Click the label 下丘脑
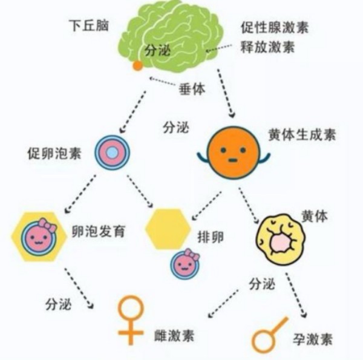tap(89, 25)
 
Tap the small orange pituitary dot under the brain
tap(137, 65)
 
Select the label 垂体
tap(192, 89)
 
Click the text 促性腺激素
tap(275, 28)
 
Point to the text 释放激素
tap(268, 47)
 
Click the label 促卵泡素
tap(54, 153)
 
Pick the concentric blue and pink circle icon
tap(113, 152)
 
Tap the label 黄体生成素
tap(302, 134)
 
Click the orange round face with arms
tap(234, 152)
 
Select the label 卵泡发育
tap(99, 231)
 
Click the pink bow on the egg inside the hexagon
tap(48, 225)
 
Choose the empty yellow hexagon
tap(168, 229)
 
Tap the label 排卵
tap(211, 237)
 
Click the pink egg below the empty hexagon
tap(185, 264)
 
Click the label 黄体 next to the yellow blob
tap(315, 217)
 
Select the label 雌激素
tap(174, 336)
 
